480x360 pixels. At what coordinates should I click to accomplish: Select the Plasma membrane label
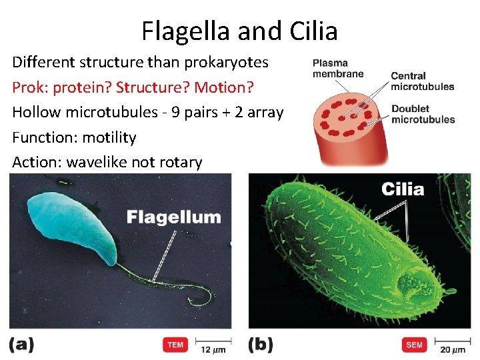click(x=338, y=68)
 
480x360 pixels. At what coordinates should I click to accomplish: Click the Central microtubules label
click(x=422, y=81)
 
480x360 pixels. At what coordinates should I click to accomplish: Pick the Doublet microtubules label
click(x=423, y=114)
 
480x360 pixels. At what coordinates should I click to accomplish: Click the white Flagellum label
click(x=173, y=217)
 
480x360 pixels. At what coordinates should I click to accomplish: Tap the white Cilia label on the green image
click(x=403, y=189)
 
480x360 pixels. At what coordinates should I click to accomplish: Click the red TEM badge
click(x=175, y=345)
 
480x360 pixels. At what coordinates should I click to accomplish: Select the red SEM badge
click(x=414, y=345)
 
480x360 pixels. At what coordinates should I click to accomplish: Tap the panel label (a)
click(x=22, y=344)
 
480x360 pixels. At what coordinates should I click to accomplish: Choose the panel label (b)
click(x=261, y=344)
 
